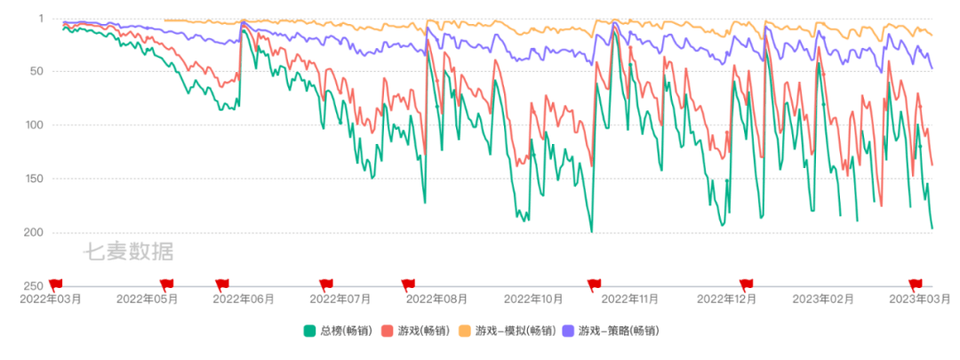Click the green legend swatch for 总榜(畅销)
(x=309, y=332)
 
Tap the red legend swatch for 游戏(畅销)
(x=387, y=332)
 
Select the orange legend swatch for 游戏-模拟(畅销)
(x=464, y=332)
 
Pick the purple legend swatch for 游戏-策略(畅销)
(x=570, y=332)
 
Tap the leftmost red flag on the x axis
(x=55, y=284)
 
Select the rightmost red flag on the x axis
(x=915, y=284)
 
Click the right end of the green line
(x=932, y=228)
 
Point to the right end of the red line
(x=932, y=165)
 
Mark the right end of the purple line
(x=932, y=68)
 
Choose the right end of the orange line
(x=932, y=36)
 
